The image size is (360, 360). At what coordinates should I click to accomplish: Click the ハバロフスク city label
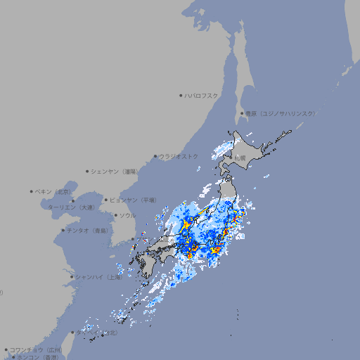[x=202, y=95]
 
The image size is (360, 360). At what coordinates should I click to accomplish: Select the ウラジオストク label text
[x=179, y=156]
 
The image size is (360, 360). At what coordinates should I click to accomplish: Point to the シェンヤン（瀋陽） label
[x=116, y=171]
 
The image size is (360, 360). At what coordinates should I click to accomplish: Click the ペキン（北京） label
[x=53, y=191]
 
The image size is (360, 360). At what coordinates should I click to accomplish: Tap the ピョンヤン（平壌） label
[x=134, y=200]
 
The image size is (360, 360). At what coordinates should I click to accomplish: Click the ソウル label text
[x=127, y=215]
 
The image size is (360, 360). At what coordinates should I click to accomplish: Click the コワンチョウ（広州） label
[x=36, y=349]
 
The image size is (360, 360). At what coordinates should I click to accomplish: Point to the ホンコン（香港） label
[x=37, y=357]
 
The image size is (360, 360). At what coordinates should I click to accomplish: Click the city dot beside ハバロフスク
[x=181, y=95]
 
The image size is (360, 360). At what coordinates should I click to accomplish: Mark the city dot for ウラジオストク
[x=155, y=156]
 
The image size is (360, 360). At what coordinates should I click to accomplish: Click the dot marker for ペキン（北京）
[x=32, y=191]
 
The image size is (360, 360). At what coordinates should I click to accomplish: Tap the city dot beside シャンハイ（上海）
[x=72, y=277]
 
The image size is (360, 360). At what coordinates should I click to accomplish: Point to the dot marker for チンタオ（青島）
[x=63, y=230]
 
